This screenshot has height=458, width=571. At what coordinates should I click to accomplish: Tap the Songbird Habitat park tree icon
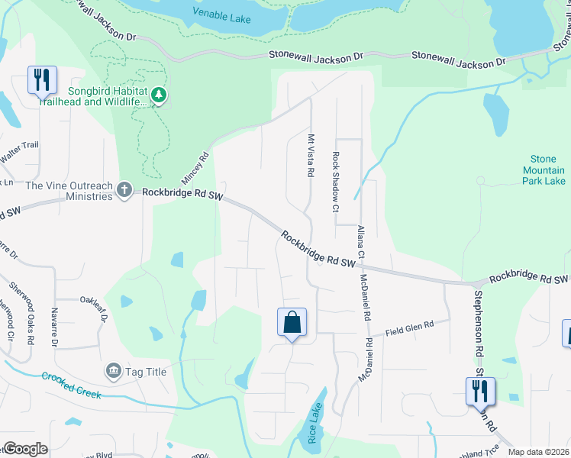(x=159, y=95)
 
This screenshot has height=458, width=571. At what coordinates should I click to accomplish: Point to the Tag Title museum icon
(x=114, y=371)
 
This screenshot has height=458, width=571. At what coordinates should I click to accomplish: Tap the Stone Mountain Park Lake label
(x=544, y=170)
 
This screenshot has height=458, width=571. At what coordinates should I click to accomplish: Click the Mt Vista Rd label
(x=311, y=156)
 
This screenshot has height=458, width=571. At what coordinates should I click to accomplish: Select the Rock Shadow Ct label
(x=335, y=181)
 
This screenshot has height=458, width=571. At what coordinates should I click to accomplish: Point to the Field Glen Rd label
(x=409, y=328)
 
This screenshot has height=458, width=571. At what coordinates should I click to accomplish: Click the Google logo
(x=25, y=449)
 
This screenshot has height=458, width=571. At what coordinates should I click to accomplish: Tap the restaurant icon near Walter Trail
(x=42, y=79)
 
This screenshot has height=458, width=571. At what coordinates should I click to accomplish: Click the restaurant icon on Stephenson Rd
(x=480, y=391)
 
